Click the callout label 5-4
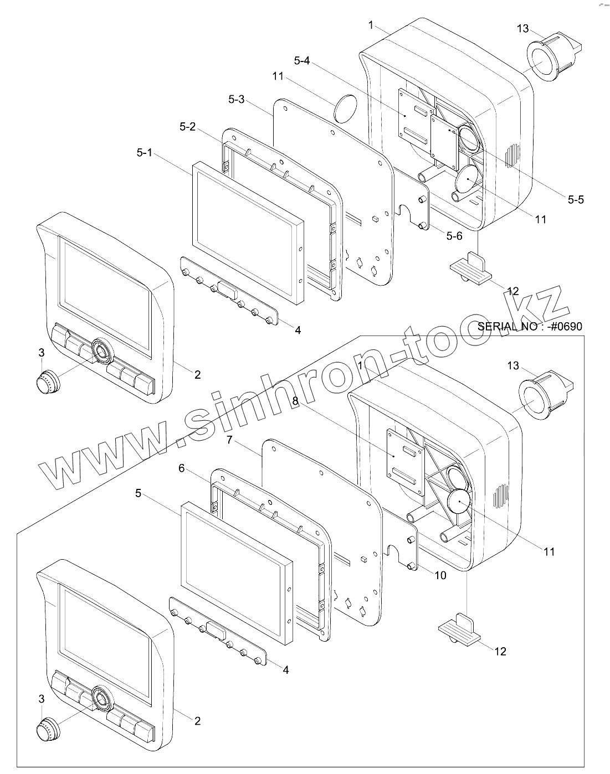point(302,60)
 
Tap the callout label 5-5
point(575,199)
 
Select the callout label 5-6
point(454,236)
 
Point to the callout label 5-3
point(236,100)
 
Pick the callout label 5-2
point(187,127)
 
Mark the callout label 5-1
point(144,152)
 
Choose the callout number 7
point(230,440)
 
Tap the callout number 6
point(181,468)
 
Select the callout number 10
point(440,575)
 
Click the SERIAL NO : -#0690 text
point(530,326)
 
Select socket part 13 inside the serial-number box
point(542,397)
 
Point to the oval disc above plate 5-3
point(346,107)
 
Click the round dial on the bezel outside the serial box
point(101,350)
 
